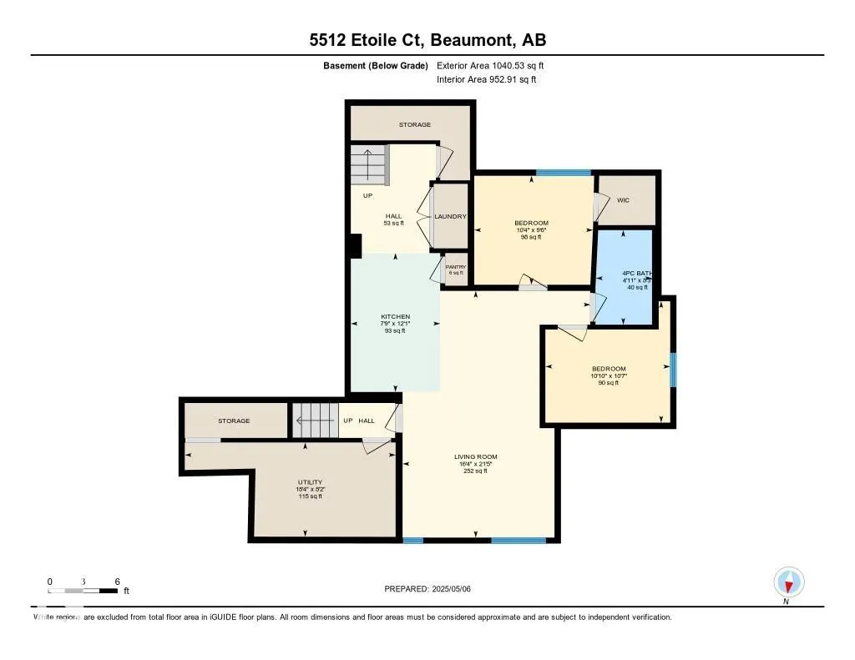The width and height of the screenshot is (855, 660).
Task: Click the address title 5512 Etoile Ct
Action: click(427, 40)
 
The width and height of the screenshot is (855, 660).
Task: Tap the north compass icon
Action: click(788, 582)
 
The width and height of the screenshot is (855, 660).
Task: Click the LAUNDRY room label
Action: click(450, 217)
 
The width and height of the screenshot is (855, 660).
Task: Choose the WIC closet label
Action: click(623, 200)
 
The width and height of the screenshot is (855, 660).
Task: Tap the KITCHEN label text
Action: click(395, 317)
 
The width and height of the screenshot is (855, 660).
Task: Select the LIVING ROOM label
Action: click(475, 456)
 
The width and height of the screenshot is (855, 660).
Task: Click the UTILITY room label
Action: click(310, 482)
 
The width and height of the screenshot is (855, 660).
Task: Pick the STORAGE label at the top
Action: click(414, 125)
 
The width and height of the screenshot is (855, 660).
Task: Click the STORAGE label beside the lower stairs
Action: click(234, 421)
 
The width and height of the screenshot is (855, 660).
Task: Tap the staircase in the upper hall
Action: click(368, 165)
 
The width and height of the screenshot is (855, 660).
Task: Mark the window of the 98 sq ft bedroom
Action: click(564, 173)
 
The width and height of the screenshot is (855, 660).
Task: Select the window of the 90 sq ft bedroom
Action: click(673, 370)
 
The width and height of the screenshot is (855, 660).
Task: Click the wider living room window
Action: click(518, 541)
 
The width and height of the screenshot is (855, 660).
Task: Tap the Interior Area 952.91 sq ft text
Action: click(486, 80)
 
